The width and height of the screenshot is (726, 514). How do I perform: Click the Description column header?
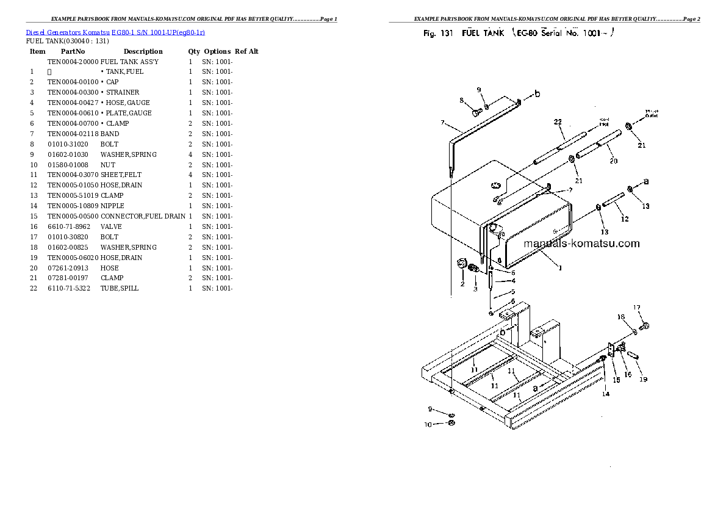[143, 51]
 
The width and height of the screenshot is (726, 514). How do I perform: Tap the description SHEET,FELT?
[121, 175]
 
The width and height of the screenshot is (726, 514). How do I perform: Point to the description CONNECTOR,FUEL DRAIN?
[143, 216]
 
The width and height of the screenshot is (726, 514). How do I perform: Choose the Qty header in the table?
[194, 51]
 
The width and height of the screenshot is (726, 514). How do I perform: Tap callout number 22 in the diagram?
[558, 122]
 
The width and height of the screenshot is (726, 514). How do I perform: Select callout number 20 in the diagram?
[613, 161]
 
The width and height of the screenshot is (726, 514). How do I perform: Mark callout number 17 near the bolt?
[636, 307]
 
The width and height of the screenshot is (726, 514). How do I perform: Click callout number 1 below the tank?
[561, 267]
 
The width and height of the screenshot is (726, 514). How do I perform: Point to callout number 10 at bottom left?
[428, 424]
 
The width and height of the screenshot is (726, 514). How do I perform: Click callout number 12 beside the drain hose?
[624, 219]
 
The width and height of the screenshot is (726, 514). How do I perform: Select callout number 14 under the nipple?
[605, 394]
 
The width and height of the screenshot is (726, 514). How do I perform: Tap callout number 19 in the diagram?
[643, 380]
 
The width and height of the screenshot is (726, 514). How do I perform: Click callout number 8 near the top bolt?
[462, 100]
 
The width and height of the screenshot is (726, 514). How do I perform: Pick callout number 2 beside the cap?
[462, 284]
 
